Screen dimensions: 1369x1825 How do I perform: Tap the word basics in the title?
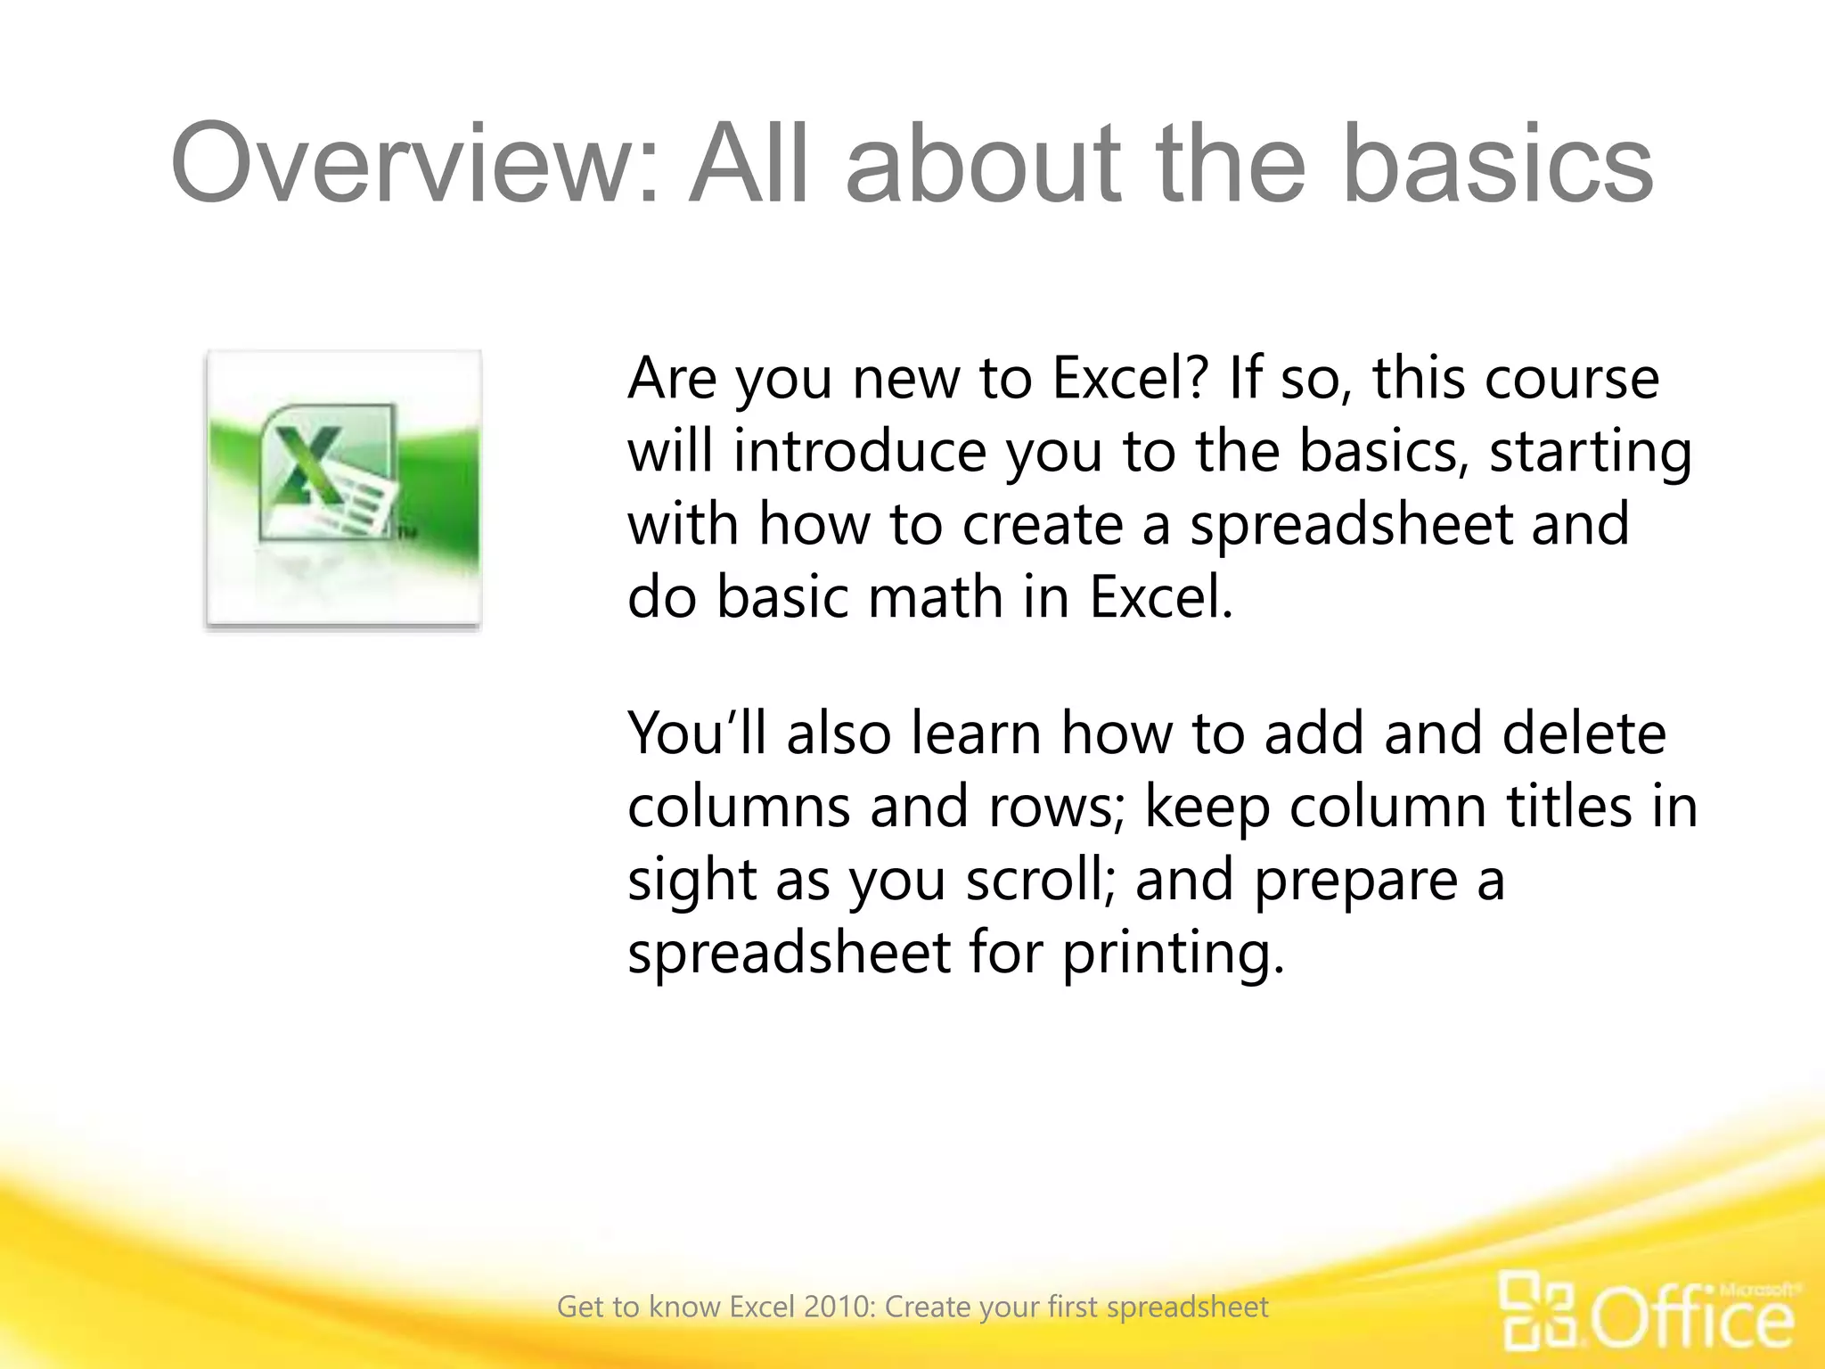click(x=1497, y=164)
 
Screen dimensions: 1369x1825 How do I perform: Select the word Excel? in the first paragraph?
click(x=1130, y=378)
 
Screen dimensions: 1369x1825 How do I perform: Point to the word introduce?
click(x=860, y=451)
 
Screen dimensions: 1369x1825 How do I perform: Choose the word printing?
click(x=1174, y=953)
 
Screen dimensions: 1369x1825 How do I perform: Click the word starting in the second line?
click(x=1590, y=451)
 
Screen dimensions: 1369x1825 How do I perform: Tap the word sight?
click(x=692, y=881)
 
